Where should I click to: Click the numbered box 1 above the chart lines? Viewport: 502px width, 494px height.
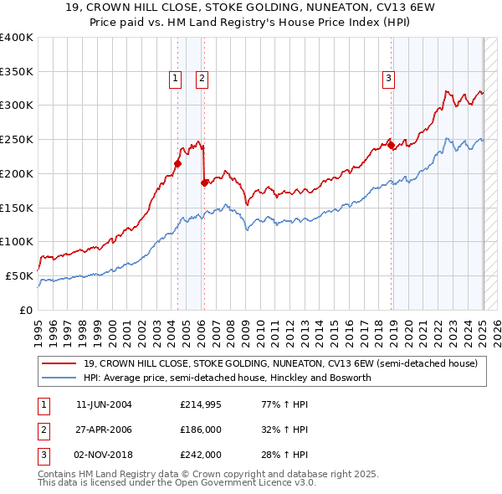[176, 80]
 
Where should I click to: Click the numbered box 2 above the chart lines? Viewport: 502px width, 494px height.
[202, 80]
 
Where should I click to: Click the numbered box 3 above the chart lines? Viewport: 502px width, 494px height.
[389, 80]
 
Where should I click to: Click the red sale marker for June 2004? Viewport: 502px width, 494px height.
[177, 163]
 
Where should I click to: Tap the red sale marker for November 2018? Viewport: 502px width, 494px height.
[392, 145]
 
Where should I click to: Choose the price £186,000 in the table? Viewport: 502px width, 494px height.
[201, 430]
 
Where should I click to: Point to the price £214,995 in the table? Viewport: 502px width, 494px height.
[201, 405]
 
